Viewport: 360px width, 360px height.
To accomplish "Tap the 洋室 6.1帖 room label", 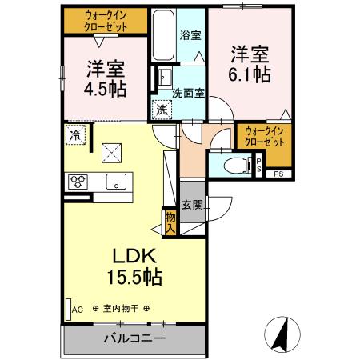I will pos(250,63).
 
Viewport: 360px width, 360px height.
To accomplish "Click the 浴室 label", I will pos(190,36).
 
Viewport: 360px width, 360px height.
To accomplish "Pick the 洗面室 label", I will pos(189,93).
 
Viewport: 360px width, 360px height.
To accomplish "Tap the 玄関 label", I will pos(191,205).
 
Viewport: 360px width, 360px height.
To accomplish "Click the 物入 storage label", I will pos(170,221).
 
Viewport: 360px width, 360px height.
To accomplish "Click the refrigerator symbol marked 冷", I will pos(75,136).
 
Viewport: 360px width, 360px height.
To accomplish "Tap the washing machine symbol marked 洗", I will pos(162,109).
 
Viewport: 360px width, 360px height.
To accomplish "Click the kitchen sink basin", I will pos(118,181).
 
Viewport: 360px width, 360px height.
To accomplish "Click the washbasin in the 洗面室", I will pos(164,78).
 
